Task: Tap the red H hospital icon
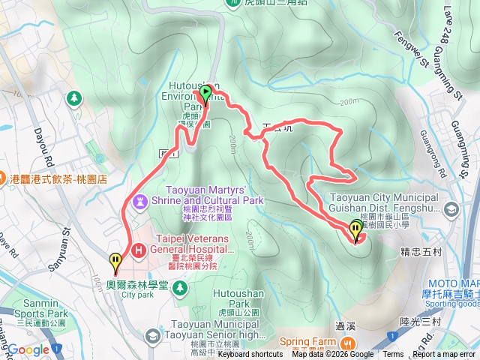point(138,250)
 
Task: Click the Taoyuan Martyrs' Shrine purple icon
point(140,202)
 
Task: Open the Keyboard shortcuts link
point(250,355)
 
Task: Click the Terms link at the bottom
point(393,355)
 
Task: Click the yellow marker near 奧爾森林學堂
point(115,263)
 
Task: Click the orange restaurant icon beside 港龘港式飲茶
point(7,180)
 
